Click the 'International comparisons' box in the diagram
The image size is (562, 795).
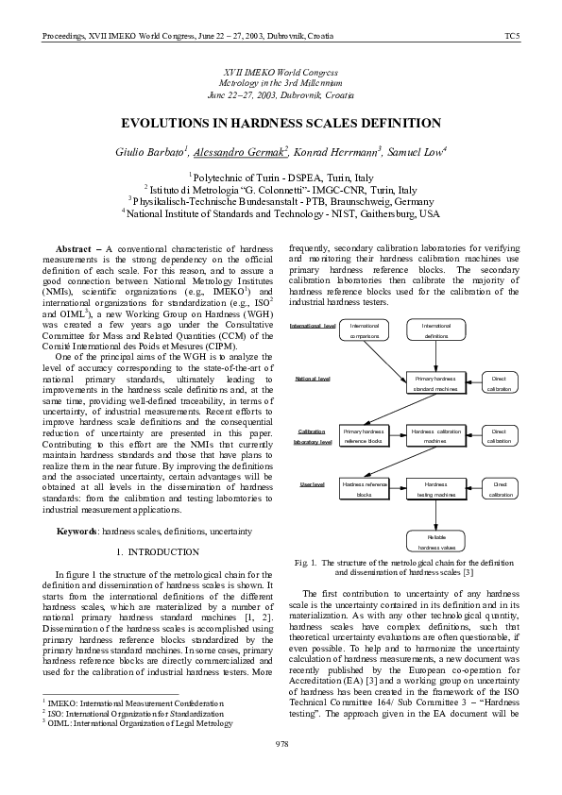click(x=365, y=330)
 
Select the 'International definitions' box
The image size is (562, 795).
click(x=436, y=330)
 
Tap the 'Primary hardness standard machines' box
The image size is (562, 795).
click(x=436, y=383)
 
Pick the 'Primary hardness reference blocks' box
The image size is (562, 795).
click(x=364, y=436)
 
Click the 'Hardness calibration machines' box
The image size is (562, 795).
click(x=436, y=436)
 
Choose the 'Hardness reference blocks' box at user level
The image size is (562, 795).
click(x=364, y=489)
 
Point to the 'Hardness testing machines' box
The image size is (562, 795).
click(x=436, y=489)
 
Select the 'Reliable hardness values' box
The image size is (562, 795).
click(x=436, y=541)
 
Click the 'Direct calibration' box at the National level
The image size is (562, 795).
click(x=501, y=383)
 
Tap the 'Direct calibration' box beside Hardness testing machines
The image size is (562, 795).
click(x=501, y=489)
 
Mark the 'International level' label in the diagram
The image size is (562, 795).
click(x=313, y=326)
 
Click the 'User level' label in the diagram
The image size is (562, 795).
click(x=313, y=483)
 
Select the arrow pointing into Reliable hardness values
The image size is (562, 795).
click(x=436, y=516)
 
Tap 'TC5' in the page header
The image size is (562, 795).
click(x=512, y=36)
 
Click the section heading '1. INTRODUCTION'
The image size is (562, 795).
click(x=158, y=551)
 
